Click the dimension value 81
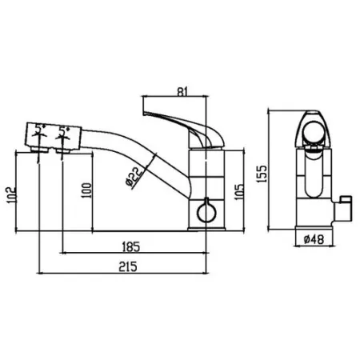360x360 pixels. click(182, 91)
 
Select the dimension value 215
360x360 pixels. click(128, 266)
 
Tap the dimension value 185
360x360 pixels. click(130, 246)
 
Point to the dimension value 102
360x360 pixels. click(12, 195)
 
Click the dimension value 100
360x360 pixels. click(86, 190)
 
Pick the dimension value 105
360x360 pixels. click(239, 191)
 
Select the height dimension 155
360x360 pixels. click(262, 174)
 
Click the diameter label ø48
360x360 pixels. click(314, 239)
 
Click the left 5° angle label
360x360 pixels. click(39, 129)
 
